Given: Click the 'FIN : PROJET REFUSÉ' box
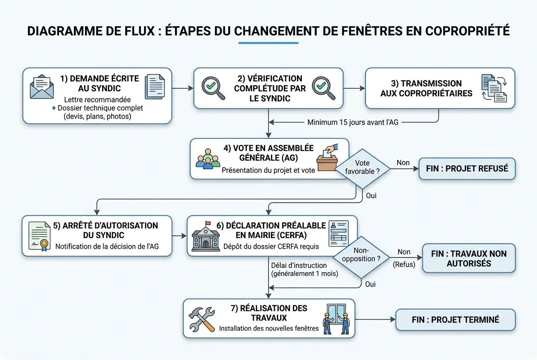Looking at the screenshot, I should click(467, 169).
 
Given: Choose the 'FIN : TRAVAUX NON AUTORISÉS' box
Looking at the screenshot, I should click(469, 258).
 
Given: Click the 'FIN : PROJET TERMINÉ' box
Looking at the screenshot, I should click(455, 320).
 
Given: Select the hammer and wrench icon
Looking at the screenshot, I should click(202, 320).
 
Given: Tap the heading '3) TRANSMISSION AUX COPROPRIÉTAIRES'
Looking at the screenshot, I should click(426, 88).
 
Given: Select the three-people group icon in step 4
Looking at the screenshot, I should click(208, 158).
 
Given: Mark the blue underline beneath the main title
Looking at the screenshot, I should click(268, 43).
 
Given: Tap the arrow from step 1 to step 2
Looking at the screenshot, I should click(183, 88).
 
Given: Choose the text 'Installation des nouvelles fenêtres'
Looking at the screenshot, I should click(268, 328).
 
